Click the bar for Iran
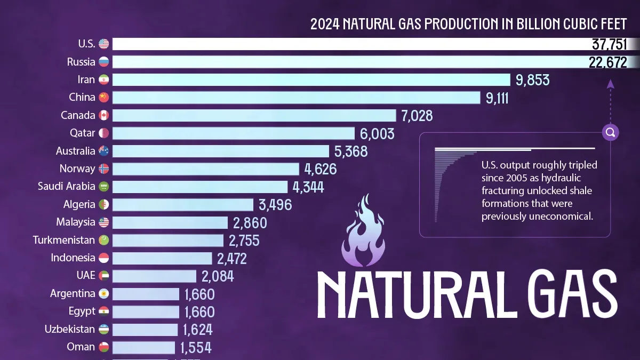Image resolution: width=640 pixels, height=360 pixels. pyautogui.click(x=311, y=80)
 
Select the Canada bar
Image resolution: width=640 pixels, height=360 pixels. pyautogui.click(x=254, y=116)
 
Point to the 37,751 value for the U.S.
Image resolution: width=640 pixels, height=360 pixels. pyautogui.click(x=609, y=44)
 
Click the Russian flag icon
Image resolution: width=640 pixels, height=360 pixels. pyautogui.click(x=103, y=62)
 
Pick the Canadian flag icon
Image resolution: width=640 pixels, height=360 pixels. pyautogui.click(x=103, y=115)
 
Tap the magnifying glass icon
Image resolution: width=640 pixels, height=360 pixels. pyautogui.click(x=611, y=132)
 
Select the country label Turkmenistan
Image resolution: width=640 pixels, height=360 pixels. pyautogui.click(x=63, y=240)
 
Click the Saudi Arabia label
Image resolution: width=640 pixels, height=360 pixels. pyautogui.click(x=66, y=187)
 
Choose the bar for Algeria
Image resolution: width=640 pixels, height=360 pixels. pyautogui.click(x=182, y=205)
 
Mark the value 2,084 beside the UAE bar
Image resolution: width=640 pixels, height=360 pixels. pyautogui.click(x=218, y=276)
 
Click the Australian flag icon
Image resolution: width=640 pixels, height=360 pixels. pyautogui.click(x=103, y=151)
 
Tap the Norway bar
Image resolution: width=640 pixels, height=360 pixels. pyautogui.click(x=205, y=169)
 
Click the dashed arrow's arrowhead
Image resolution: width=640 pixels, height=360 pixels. pyautogui.click(x=611, y=84)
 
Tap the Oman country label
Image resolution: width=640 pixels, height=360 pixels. pyautogui.click(x=81, y=347)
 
